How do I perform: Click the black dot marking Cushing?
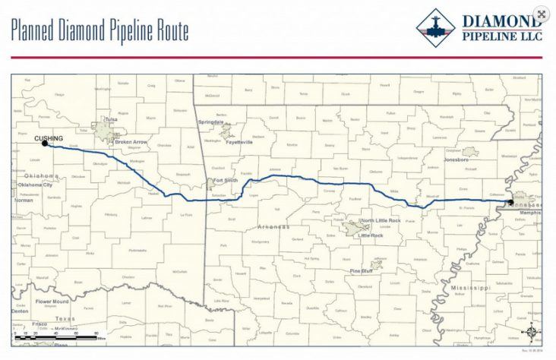tap(45, 143)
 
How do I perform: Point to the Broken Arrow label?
tap(131, 141)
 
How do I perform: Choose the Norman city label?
tap(24, 200)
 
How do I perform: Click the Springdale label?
tap(211, 122)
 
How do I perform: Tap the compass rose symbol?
tap(531, 332)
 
